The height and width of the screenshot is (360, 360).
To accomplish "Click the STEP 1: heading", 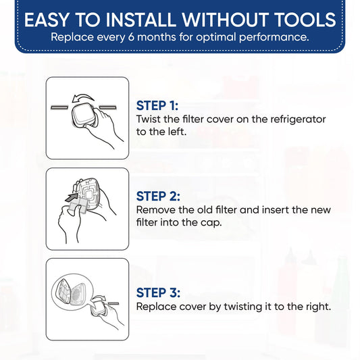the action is [x=157, y=106].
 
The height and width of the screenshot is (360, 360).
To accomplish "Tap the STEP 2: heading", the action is [x=158, y=197].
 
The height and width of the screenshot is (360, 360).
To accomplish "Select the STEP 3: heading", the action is [x=158, y=293].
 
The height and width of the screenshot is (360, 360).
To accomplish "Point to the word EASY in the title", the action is [x=47, y=20].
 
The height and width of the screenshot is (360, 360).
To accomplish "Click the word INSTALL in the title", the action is [x=140, y=20].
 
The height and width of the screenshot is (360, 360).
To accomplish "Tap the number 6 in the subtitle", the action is [x=131, y=37].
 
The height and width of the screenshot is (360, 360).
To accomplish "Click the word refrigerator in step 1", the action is [x=298, y=120].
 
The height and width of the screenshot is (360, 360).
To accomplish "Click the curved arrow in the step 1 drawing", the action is [x=82, y=98].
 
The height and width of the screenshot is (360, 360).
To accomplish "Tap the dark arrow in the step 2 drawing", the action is [x=72, y=197].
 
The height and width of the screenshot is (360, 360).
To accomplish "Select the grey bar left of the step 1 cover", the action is [x=59, y=107].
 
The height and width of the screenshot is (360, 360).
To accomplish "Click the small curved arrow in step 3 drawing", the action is [x=97, y=299].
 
